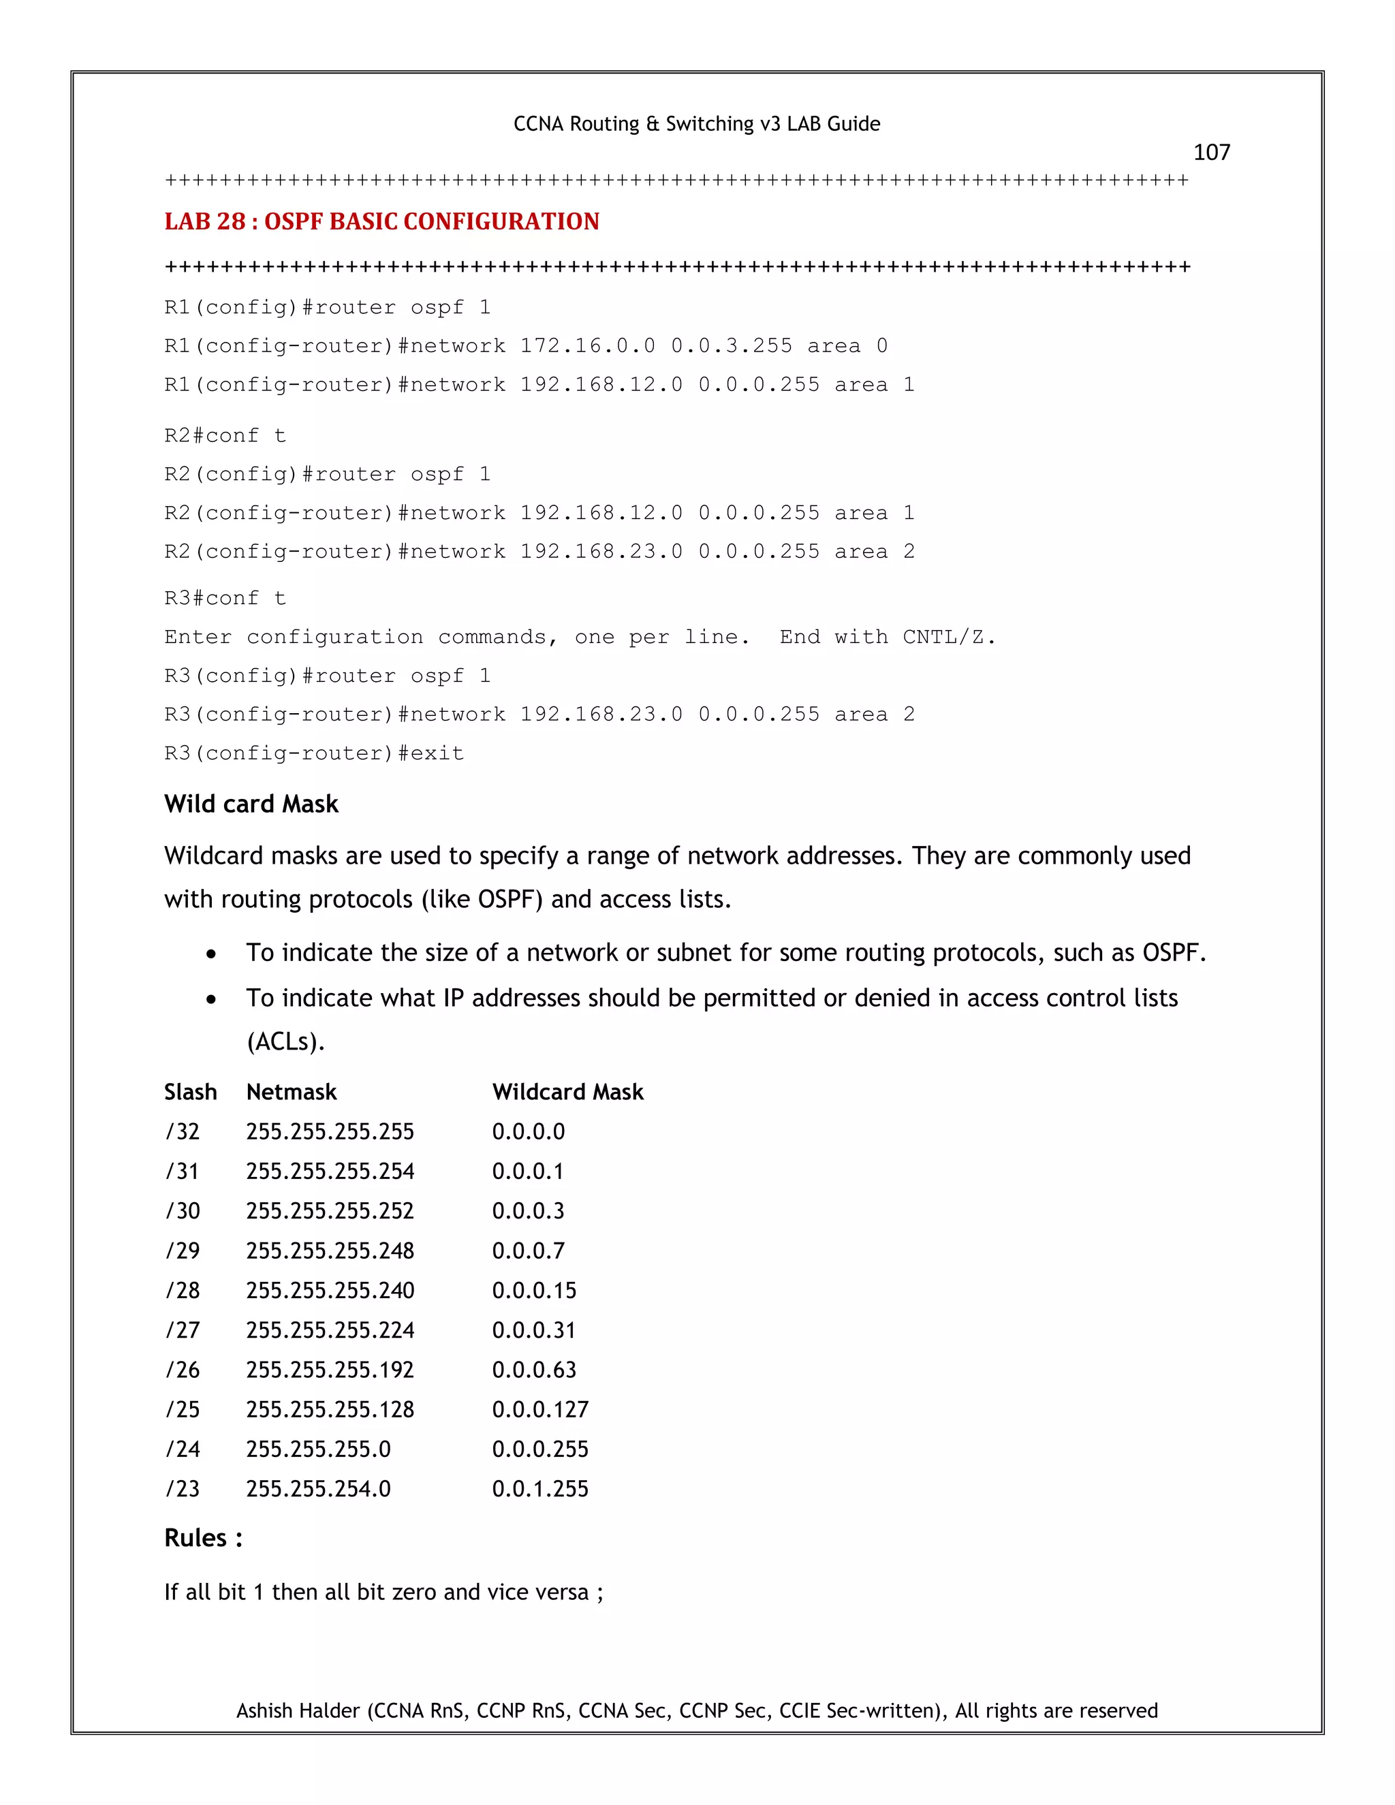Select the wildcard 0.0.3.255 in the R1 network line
click(731, 345)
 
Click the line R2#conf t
click(225, 435)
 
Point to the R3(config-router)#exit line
click(314, 753)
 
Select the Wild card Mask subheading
click(251, 804)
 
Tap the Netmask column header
click(291, 1092)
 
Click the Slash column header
click(190, 1092)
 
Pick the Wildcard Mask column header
click(567, 1092)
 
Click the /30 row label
click(183, 1211)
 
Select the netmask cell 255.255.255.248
click(330, 1251)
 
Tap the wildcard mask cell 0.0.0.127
click(539, 1409)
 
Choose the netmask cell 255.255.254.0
click(318, 1488)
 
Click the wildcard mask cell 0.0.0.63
click(534, 1370)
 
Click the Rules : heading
click(203, 1538)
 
